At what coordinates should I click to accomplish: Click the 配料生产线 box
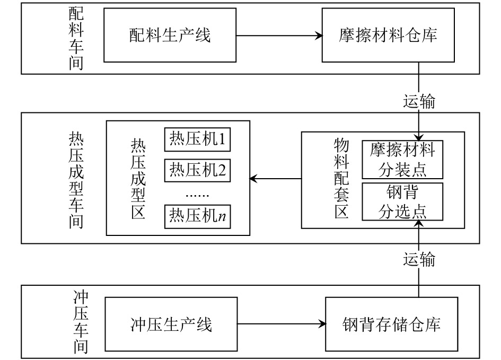[170, 35]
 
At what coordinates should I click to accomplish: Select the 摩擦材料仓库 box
[388, 35]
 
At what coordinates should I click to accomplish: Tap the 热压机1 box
[197, 139]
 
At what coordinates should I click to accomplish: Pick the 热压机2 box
[197, 170]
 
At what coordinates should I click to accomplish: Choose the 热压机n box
[197, 216]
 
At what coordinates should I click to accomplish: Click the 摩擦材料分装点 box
[402, 160]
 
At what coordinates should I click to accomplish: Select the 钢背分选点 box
[402, 201]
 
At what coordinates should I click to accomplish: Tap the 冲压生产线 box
[171, 324]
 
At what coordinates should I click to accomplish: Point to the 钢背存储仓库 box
[392, 324]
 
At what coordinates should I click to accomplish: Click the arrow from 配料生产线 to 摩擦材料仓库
[279, 36]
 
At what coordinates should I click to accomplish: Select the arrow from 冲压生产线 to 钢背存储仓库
[282, 324]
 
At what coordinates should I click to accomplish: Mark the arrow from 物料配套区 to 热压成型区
[276, 179]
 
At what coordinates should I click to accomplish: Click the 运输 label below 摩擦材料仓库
[419, 102]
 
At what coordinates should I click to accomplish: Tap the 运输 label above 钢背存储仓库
[419, 259]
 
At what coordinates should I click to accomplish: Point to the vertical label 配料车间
[76, 38]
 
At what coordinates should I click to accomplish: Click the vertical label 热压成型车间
[76, 180]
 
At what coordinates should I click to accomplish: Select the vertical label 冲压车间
[81, 322]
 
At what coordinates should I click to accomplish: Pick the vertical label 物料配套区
[341, 179]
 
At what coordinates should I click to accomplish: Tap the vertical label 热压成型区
[138, 179]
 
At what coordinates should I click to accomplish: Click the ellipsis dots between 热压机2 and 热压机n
[197, 195]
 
